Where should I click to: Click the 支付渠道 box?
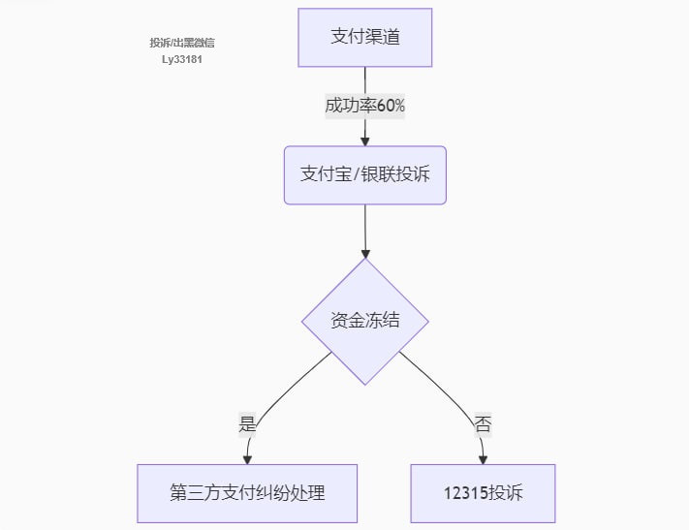pyautogui.click(x=364, y=38)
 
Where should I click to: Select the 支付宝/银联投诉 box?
pyautogui.click(x=365, y=175)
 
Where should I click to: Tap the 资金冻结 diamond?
pyautogui.click(x=365, y=322)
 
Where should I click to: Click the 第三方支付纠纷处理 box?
pyautogui.click(x=247, y=493)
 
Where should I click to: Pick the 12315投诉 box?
pyautogui.click(x=483, y=493)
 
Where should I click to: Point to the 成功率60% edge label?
pyautogui.click(x=364, y=106)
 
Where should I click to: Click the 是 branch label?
pyautogui.click(x=247, y=423)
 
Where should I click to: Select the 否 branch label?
pyautogui.click(x=483, y=423)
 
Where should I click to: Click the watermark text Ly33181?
pyautogui.click(x=182, y=59)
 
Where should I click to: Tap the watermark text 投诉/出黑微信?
pyautogui.click(x=182, y=43)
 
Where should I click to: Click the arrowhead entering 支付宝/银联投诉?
pyautogui.click(x=364, y=141)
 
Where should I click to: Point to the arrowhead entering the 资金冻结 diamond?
pyautogui.click(x=365, y=254)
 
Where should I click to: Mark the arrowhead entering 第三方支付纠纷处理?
pyautogui.click(x=247, y=459)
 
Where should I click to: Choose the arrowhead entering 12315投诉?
pyautogui.click(x=483, y=459)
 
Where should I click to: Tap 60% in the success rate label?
pyautogui.click(x=391, y=106)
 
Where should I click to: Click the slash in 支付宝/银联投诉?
pyautogui.click(x=356, y=175)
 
